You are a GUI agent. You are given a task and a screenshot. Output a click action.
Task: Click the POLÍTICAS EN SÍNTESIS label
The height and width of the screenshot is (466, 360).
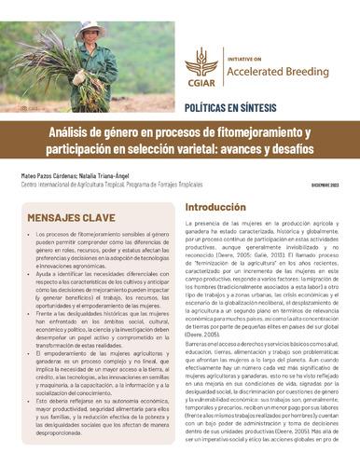click(230, 109)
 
